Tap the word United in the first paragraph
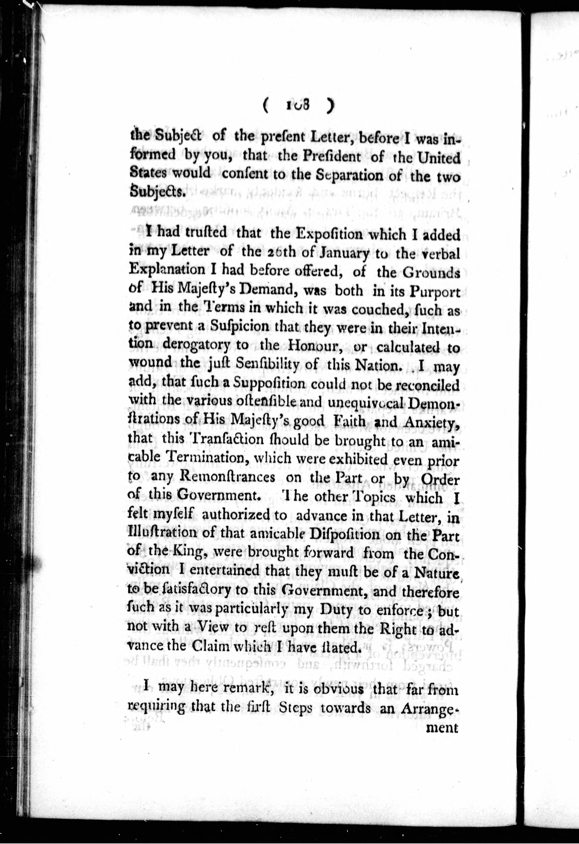(439, 158)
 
